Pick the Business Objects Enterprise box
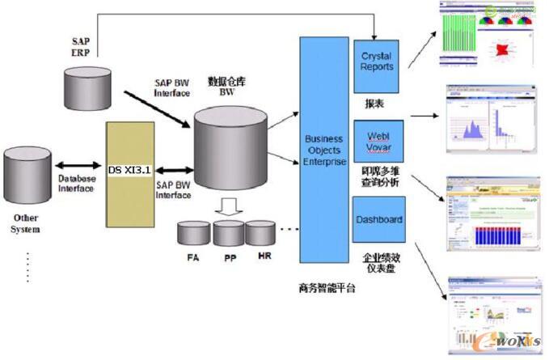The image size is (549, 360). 324,150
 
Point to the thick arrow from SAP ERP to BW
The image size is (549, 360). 157,108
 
